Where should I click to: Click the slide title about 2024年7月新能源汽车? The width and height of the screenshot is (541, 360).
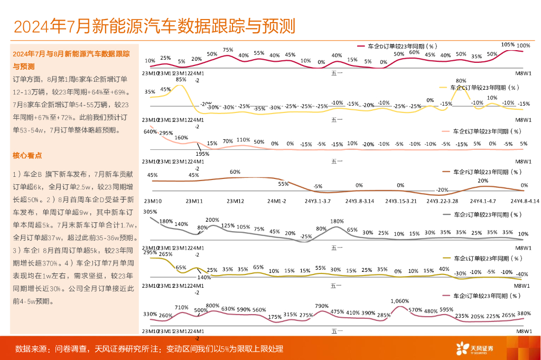(154, 26)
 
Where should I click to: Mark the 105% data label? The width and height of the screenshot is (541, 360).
(508, 45)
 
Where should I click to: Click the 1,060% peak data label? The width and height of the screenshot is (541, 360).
(400, 301)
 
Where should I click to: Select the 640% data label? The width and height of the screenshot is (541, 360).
(150, 132)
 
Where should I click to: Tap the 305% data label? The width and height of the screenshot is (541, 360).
(150, 212)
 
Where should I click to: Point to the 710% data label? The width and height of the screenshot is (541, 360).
(182, 307)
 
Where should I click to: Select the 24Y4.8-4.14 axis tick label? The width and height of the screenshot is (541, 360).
(524, 201)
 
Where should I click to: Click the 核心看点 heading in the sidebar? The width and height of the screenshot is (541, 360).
(27, 155)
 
